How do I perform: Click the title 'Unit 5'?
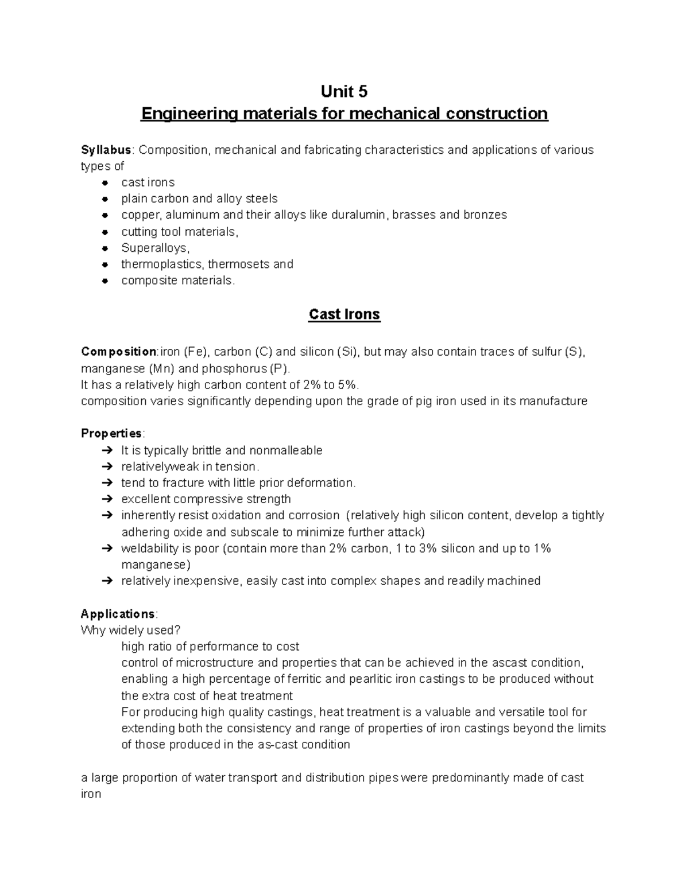tap(344, 91)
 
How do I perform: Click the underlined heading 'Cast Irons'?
tap(344, 314)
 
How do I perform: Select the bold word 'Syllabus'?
tap(106, 150)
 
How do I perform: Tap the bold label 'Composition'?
tap(119, 352)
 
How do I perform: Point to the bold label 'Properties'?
tap(111, 433)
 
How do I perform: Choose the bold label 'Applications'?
tap(118, 614)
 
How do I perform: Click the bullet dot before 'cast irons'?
tap(105, 183)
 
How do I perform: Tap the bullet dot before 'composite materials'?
tap(105, 281)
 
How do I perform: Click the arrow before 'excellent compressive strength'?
tap(106, 499)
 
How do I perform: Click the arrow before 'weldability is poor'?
tap(106, 548)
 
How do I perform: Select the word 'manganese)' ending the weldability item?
tap(155, 565)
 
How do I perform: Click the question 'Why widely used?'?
tap(130, 631)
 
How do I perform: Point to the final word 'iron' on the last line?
tap(91, 795)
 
